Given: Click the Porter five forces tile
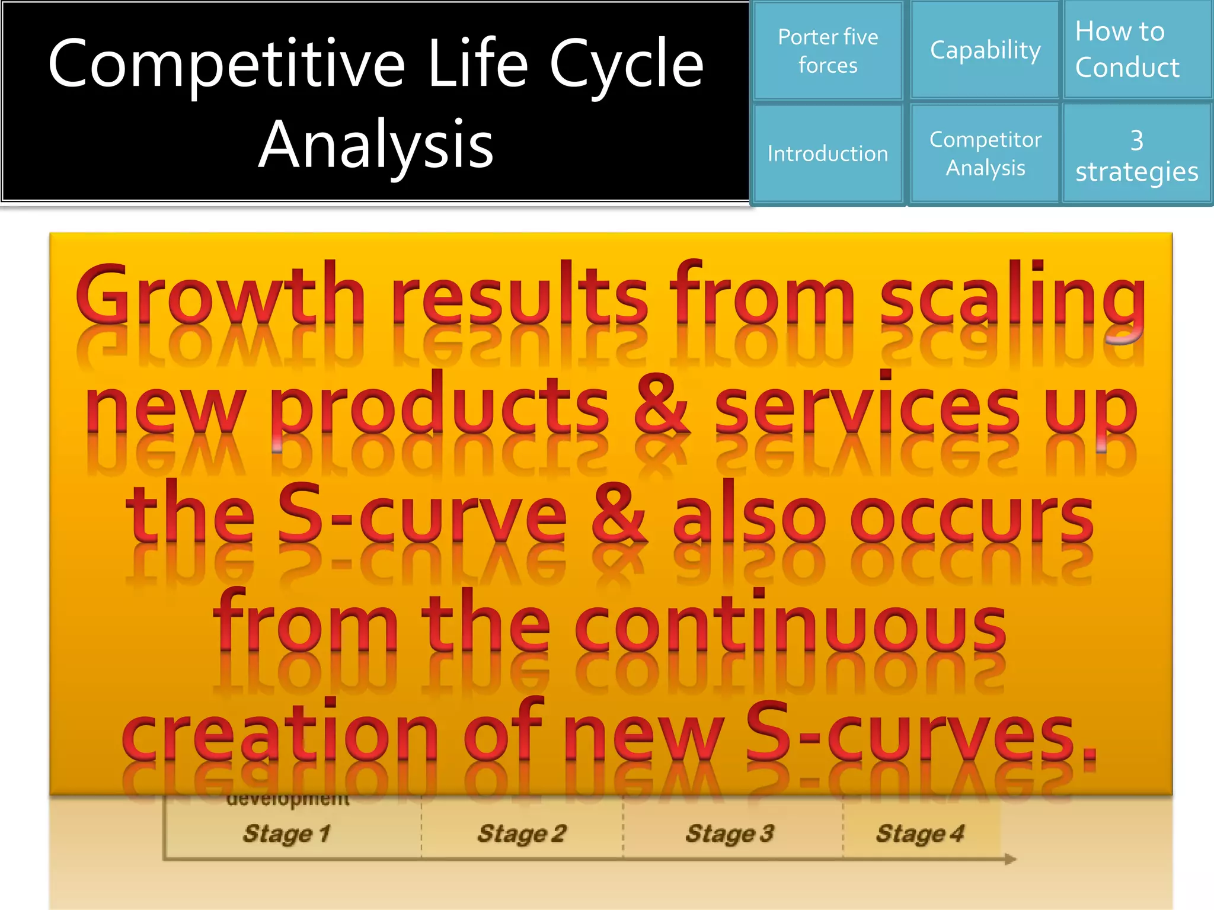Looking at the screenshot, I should [x=828, y=51].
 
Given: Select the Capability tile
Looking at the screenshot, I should [x=985, y=50].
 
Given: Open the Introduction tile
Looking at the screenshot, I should [x=828, y=154].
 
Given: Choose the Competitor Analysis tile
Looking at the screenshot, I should [x=985, y=154].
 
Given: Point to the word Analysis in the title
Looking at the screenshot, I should [x=376, y=145].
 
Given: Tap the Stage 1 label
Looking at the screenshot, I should [x=286, y=834].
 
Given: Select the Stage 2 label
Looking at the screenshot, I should [x=522, y=834].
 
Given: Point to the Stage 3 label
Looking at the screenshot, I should [x=730, y=834].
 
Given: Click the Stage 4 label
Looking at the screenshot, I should [x=920, y=834].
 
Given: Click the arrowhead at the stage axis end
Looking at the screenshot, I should [x=1010, y=858].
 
